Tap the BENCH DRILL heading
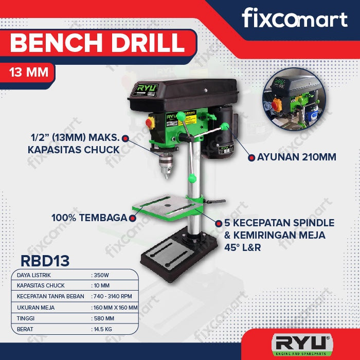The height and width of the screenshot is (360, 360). coord(97,43)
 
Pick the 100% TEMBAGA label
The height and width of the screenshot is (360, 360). coord(88,218)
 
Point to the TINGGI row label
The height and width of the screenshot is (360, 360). coord(25,318)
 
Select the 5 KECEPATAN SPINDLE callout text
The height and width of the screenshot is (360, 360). coord(279,223)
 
